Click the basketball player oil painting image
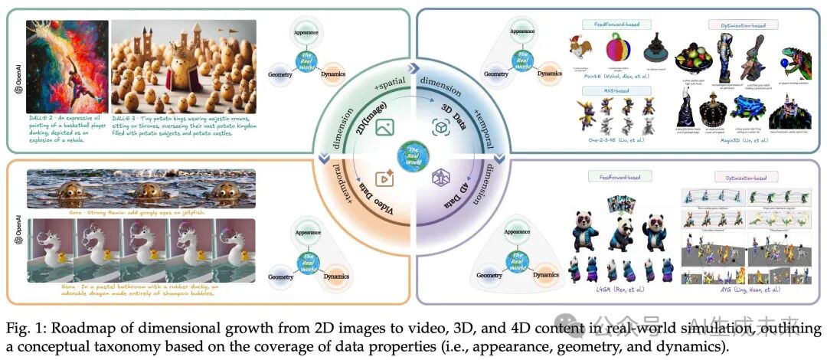tap(67, 67)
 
